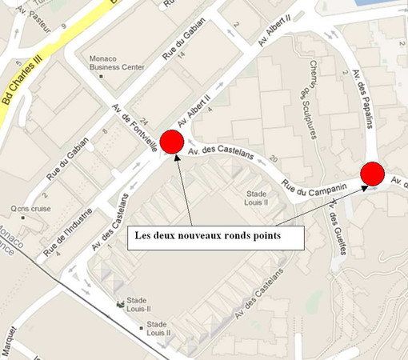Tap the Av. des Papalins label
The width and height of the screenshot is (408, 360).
point(365,98)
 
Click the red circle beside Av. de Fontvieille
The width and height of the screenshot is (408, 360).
point(171,142)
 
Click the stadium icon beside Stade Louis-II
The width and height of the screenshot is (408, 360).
point(121,305)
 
